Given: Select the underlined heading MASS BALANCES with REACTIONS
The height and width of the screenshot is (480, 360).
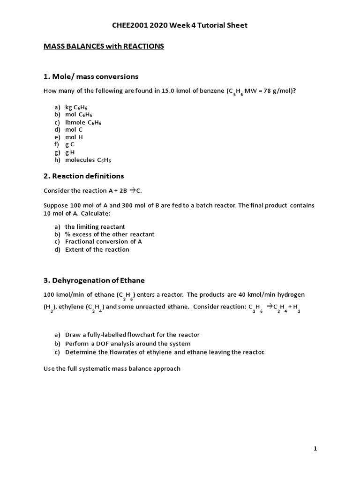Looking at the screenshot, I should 104,46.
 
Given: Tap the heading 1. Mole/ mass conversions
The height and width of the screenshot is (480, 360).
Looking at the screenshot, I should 91,76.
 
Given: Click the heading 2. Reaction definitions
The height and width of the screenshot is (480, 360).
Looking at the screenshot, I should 84,176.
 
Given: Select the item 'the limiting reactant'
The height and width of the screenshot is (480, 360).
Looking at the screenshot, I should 95,226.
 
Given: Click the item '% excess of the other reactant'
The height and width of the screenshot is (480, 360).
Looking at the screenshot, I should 110,234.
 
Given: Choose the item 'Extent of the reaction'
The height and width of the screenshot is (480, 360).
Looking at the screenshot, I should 97,249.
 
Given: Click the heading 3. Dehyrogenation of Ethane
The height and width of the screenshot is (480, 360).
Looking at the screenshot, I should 94,280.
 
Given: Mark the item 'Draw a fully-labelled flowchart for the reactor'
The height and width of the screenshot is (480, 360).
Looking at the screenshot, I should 132,335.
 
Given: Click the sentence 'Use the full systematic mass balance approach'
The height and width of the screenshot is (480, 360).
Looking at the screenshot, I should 112,368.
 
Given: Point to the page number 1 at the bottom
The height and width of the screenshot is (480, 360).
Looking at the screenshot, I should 315,449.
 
